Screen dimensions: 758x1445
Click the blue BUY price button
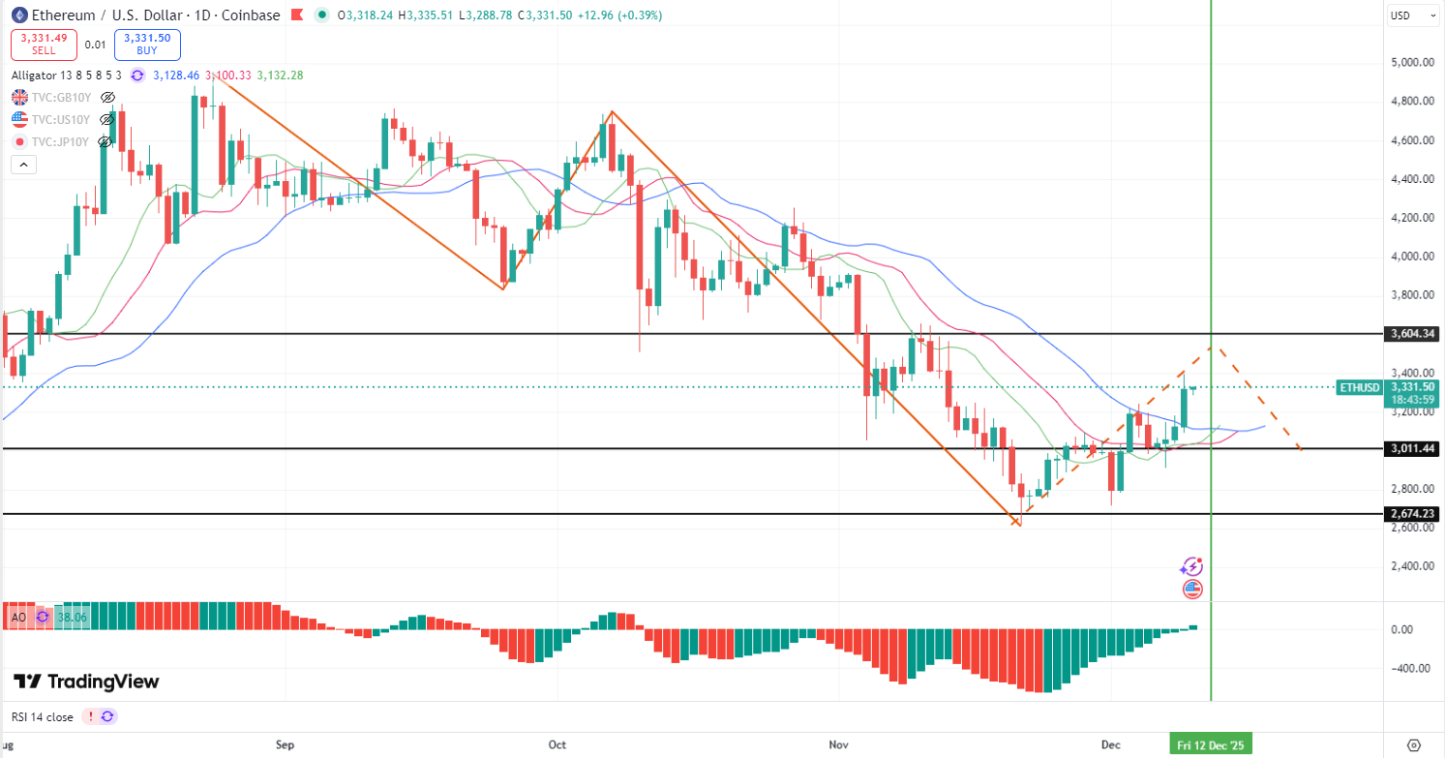pos(147,45)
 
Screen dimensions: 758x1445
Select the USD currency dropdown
pos(1400,15)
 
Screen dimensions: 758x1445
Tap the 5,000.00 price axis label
pos(1410,62)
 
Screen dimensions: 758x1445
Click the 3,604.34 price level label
pos(1412,334)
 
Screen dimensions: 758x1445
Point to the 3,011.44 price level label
pos(1412,449)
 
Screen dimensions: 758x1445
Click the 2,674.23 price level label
pos(1412,514)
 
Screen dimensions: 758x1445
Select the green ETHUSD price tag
pos(1359,387)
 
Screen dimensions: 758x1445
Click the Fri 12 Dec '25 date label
pos(1210,744)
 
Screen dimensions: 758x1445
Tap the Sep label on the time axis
pos(285,744)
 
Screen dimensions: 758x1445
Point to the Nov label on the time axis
pos(839,744)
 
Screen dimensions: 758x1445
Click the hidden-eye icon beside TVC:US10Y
pos(108,119)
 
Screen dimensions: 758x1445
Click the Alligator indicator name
pos(34,75)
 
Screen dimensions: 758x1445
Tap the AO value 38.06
pos(72,616)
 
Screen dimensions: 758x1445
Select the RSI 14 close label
pos(42,717)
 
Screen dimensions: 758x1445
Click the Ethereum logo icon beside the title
pos(18,15)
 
